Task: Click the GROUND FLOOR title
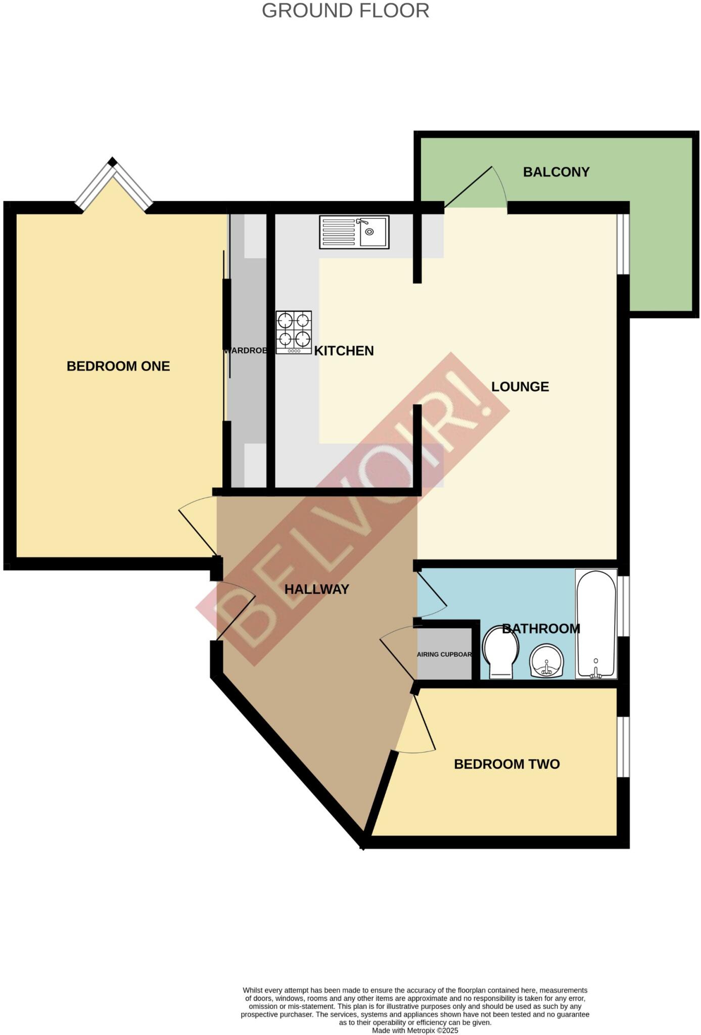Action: [x=345, y=11]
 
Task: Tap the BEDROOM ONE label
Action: [x=118, y=366]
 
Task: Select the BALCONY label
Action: [x=556, y=172]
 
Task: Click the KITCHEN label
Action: [x=344, y=351]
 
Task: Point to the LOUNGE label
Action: [x=520, y=387]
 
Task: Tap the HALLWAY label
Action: [x=317, y=589]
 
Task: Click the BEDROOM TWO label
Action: [x=507, y=764]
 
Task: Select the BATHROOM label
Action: [x=541, y=629]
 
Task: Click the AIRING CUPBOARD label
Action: [x=444, y=654]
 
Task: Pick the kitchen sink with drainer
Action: [x=354, y=232]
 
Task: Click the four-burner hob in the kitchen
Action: [x=294, y=332]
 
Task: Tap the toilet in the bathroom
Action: [x=501, y=652]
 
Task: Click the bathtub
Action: [x=596, y=624]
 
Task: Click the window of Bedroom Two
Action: [x=623, y=746]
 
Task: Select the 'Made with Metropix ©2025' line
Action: [x=415, y=1030]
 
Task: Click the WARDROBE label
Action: [x=245, y=350]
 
